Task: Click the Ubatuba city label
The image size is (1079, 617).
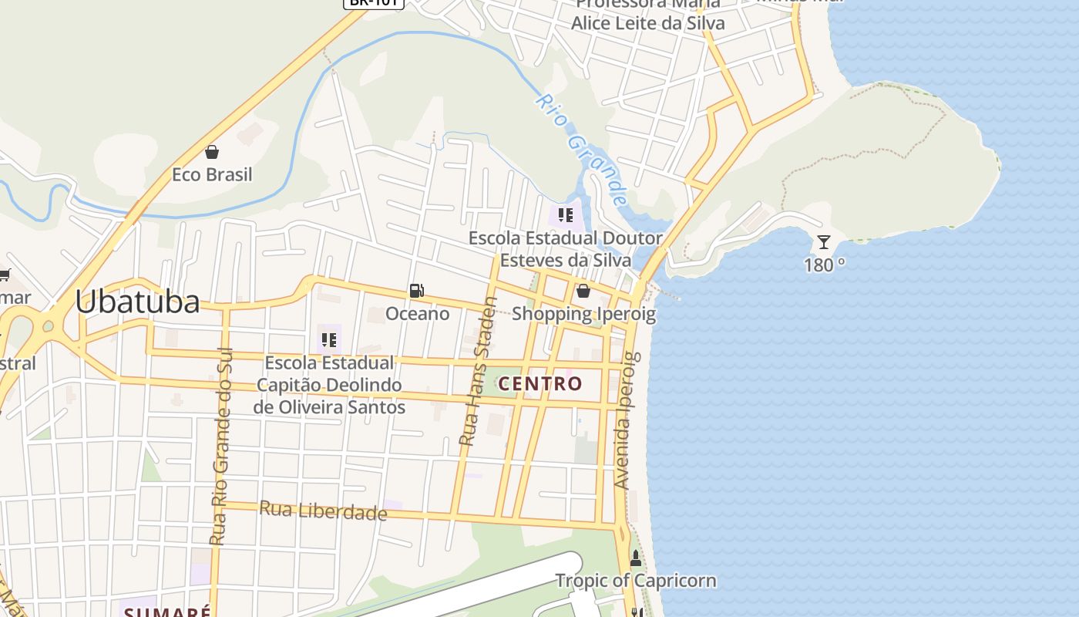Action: (x=137, y=302)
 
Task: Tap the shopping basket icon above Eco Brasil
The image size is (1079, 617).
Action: (x=212, y=152)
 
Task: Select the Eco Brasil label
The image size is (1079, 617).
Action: (x=212, y=175)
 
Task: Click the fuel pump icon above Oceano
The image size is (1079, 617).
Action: (x=416, y=291)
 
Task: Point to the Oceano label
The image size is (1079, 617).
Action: (x=418, y=314)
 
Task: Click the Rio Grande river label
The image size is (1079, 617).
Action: (x=583, y=150)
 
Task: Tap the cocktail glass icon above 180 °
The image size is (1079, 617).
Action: (x=824, y=242)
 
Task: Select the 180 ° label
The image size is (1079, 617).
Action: (x=824, y=265)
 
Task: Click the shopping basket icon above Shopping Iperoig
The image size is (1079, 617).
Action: (x=583, y=291)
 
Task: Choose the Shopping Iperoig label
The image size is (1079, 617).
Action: (x=583, y=314)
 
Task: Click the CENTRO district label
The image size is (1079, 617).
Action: (x=540, y=383)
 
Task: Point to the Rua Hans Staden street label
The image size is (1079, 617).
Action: (x=479, y=372)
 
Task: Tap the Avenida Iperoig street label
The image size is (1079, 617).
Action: (x=624, y=420)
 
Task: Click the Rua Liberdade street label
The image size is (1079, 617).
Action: (x=323, y=510)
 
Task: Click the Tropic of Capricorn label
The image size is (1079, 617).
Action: (x=636, y=581)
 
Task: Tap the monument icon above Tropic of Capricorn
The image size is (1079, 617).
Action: (x=636, y=558)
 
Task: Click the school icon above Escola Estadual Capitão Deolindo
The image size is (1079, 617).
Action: (x=329, y=339)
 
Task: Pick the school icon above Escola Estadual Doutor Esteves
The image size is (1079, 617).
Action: (x=566, y=215)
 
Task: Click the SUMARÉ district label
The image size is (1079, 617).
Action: (x=168, y=612)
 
